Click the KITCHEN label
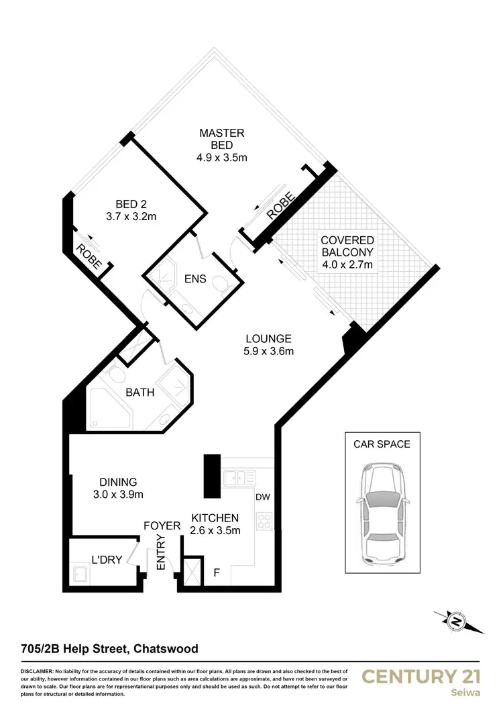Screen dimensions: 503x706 tap(215, 517)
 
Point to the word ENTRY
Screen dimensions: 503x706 tap(161, 557)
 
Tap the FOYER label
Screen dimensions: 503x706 tap(162, 526)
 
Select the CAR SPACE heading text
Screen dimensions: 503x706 tap(382, 444)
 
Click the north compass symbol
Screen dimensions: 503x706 tap(457, 621)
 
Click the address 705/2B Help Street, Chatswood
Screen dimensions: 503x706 tap(109, 649)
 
